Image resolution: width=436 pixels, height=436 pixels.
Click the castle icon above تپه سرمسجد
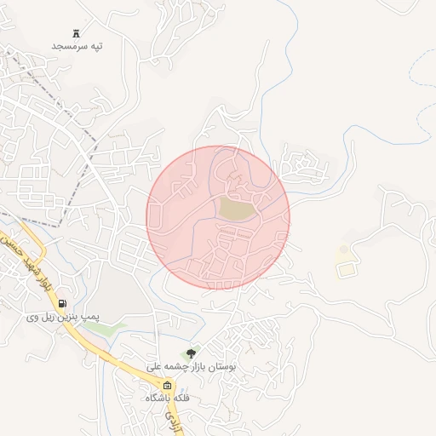(77, 33)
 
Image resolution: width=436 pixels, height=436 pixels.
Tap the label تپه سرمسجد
(77, 45)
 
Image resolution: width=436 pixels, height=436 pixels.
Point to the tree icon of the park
(190, 352)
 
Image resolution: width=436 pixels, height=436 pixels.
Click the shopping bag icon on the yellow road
(167, 386)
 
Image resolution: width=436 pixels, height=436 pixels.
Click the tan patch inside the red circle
(237, 208)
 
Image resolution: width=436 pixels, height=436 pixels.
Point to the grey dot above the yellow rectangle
(343, 250)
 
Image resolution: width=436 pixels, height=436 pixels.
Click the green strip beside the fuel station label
(117, 325)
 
